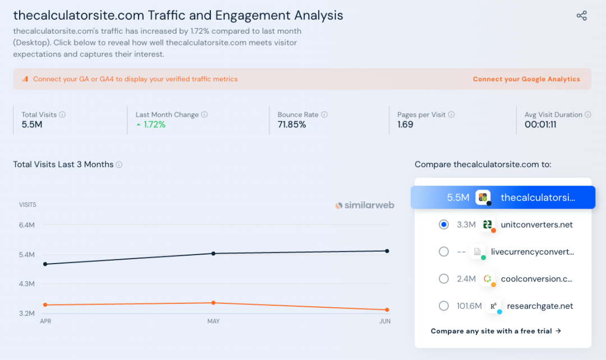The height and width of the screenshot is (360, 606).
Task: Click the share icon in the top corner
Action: (582, 16)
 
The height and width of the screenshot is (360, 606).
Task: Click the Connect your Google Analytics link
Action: (526, 79)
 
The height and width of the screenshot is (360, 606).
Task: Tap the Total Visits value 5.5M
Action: (32, 124)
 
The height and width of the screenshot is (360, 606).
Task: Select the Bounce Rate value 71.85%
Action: (292, 124)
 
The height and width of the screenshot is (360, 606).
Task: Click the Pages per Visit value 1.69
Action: (405, 124)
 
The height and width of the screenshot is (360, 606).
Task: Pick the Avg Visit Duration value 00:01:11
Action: (540, 124)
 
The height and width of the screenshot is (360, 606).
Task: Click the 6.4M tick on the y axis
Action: (27, 225)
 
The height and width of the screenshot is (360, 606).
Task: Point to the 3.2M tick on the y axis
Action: (27, 313)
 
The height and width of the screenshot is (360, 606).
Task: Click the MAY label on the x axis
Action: (213, 321)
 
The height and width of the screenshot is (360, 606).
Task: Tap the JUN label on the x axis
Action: (385, 321)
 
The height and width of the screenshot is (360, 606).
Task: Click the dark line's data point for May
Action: (213, 253)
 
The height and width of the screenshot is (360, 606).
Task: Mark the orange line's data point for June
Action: (387, 310)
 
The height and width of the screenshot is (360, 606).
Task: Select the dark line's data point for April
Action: (45, 264)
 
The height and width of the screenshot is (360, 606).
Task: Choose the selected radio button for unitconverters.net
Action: (444, 224)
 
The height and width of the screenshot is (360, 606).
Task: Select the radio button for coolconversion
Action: (444, 279)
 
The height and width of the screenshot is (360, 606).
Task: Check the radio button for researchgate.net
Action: (444, 306)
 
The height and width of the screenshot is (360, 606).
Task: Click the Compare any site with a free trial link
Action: (496, 331)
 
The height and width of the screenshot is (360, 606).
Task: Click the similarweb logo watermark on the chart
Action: (365, 205)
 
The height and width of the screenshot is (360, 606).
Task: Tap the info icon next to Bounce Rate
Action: (324, 114)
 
